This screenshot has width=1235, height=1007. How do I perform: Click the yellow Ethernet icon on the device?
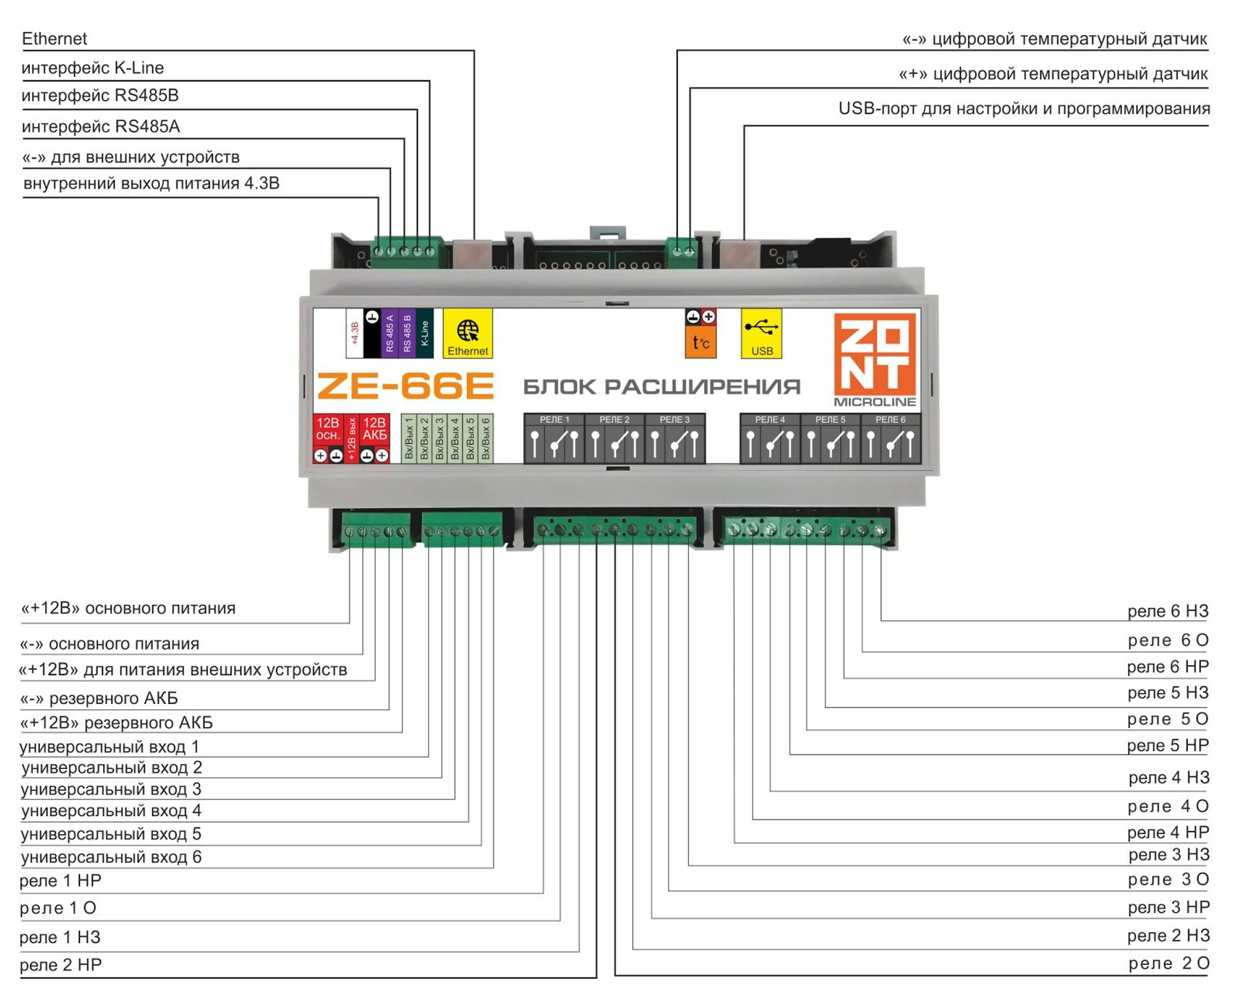[x=467, y=333]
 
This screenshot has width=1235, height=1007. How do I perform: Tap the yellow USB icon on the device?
[x=761, y=333]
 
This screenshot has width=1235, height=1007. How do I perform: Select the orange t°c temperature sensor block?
[x=700, y=342]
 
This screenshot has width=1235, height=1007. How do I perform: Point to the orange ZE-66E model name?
[x=405, y=386]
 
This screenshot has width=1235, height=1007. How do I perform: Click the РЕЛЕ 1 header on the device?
[x=555, y=419]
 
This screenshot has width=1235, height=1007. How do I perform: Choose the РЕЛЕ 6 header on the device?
[x=890, y=419]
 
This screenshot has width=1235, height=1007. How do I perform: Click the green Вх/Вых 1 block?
[x=409, y=438]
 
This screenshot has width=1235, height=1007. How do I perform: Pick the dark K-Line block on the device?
[x=424, y=333]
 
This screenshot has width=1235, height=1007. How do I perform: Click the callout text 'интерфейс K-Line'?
[x=93, y=68]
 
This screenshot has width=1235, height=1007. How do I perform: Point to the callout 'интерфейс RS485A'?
[x=100, y=126]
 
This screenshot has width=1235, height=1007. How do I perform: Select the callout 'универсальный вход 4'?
[x=111, y=811]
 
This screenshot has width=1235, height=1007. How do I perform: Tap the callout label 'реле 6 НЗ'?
[x=1168, y=611]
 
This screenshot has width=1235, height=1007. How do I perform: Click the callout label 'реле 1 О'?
[x=58, y=908]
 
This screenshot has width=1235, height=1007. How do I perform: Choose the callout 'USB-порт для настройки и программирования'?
[x=1024, y=109]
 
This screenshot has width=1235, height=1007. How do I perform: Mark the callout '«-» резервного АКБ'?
[x=99, y=698]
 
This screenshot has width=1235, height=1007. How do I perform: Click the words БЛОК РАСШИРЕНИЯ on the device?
[x=661, y=387]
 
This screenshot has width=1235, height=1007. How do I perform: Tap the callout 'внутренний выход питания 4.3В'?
[x=151, y=183]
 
